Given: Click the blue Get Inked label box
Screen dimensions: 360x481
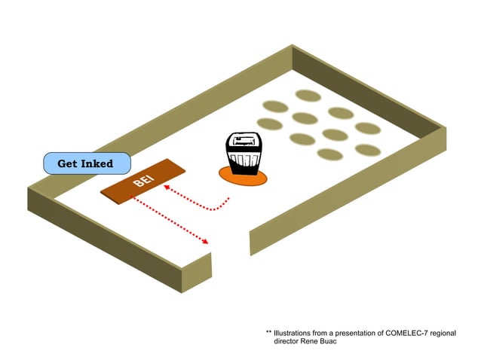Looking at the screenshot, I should (x=86, y=163).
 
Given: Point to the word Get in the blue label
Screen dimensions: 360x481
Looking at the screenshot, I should (x=69, y=163).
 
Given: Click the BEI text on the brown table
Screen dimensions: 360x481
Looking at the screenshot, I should (x=142, y=182).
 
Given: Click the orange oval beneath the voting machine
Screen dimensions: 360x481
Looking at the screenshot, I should (x=244, y=176).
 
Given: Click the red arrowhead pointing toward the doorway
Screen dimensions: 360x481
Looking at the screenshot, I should (x=205, y=241).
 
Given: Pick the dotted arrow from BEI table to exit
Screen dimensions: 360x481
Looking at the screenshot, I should (x=170, y=218).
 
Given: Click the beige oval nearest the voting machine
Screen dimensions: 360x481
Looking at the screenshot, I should (x=302, y=139).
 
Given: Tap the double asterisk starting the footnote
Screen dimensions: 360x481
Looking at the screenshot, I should (x=268, y=332).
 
